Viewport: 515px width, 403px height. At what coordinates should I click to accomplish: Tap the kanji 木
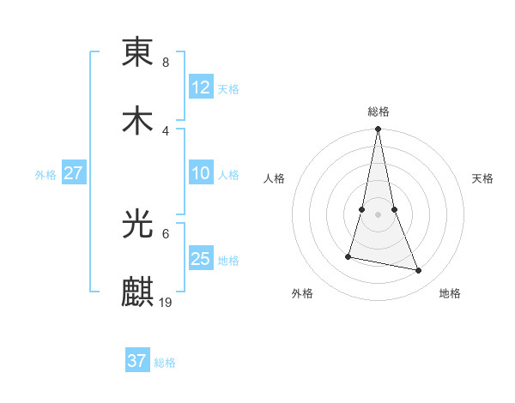137,121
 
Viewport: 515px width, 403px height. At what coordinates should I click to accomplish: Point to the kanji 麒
137,292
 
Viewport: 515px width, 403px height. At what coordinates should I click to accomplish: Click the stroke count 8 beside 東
166,63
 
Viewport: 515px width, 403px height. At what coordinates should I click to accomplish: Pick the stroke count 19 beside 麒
167,302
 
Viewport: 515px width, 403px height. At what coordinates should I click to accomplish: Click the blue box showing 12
201,87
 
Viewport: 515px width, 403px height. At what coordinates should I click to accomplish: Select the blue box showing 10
201,173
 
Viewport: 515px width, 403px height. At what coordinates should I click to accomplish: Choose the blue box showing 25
201,259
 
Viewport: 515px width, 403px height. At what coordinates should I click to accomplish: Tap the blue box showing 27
73,173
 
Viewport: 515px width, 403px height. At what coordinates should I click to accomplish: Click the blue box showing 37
137,361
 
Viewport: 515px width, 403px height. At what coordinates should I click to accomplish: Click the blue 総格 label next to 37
165,363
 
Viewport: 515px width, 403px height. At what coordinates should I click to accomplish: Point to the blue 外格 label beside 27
45,175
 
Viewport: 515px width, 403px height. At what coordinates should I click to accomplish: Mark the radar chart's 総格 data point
378,129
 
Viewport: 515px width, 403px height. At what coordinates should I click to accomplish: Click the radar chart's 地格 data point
419,271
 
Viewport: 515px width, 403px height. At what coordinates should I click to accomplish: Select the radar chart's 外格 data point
348,256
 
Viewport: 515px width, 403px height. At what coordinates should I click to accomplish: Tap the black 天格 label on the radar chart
482,178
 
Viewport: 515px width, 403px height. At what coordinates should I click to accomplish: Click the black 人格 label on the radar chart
275,178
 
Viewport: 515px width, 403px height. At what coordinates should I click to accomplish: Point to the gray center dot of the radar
378,214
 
